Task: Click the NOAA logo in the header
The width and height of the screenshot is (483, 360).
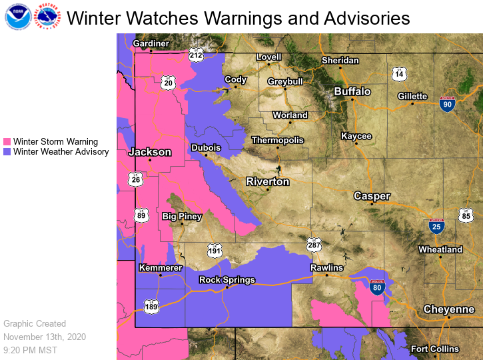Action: [17, 17]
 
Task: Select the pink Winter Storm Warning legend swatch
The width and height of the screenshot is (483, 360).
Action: [7, 142]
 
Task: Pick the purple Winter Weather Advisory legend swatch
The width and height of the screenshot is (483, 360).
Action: [7, 152]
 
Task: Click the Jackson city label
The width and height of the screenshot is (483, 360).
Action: [149, 152]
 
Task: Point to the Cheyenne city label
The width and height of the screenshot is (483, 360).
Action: [449, 309]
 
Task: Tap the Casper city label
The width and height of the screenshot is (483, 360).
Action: [372, 196]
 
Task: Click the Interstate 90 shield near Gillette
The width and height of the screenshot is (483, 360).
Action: [448, 103]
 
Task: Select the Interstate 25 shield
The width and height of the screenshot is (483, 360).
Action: [437, 227]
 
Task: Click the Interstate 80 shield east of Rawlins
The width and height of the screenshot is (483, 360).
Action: [377, 288]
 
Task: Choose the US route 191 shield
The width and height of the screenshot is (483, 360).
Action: [214, 251]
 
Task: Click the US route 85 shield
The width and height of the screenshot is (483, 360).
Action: [465, 215]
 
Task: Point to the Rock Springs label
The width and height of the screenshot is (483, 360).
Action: [228, 280]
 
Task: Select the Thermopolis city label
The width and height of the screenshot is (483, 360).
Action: [277, 140]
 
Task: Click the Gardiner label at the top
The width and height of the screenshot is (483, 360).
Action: [151, 43]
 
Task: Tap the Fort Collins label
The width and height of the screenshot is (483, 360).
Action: [434, 349]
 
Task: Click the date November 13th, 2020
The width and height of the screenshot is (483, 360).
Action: [44, 337]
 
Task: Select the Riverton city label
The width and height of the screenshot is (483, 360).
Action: [268, 181]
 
